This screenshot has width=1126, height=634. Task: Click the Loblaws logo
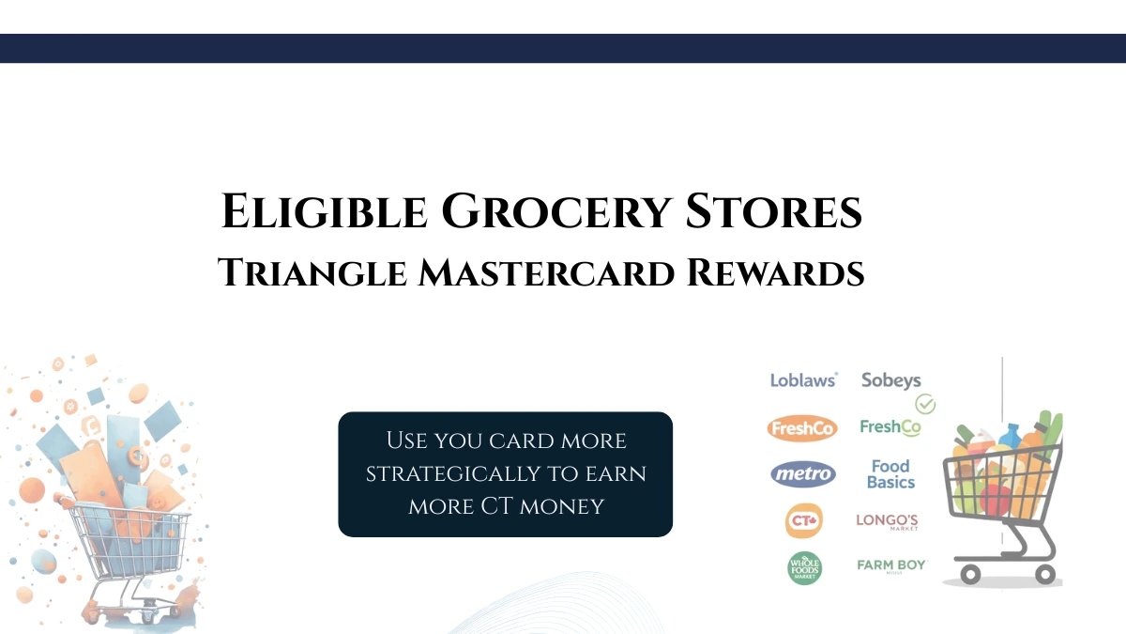click(x=803, y=380)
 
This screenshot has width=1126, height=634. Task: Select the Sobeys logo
click(x=890, y=380)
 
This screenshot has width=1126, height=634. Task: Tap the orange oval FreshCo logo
click(x=802, y=429)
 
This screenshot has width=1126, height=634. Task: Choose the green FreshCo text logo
click(x=890, y=427)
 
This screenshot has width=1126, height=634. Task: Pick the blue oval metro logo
click(x=803, y=474)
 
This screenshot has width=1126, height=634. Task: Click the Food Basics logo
click(x=890, y=473)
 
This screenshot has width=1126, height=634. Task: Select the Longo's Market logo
click(x=887, y=521)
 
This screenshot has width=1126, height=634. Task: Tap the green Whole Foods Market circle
click(x=804, y=568)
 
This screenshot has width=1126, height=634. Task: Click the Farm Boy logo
click(x=891, y=565)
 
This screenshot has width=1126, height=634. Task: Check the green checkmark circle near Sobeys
click(x=925, y=405)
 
